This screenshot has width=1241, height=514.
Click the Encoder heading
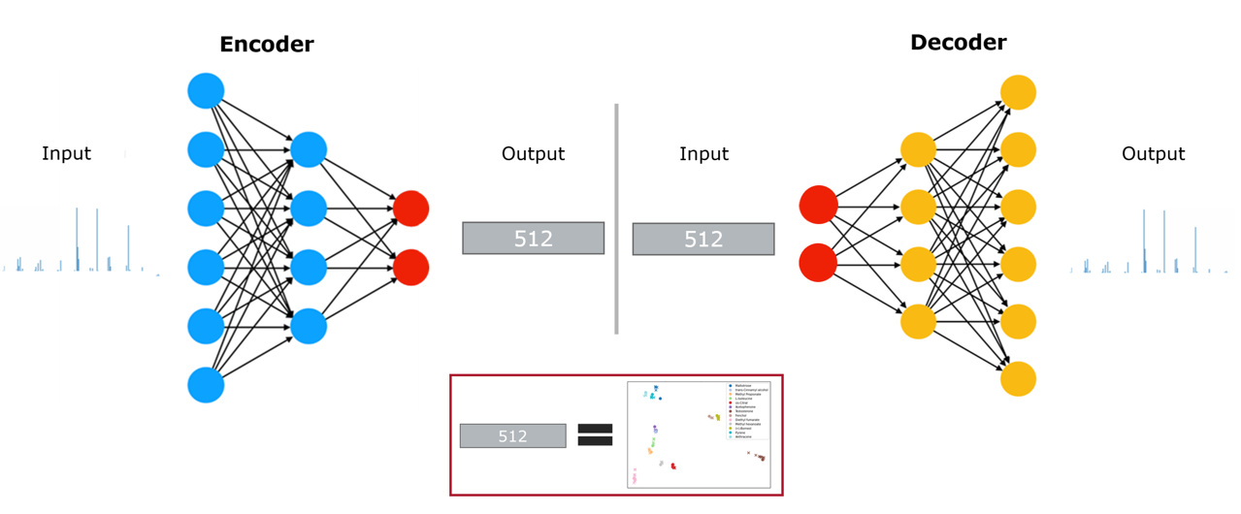(267, 45)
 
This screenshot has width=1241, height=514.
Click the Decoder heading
(958, 43)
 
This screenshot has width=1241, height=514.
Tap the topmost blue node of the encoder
(206, 91)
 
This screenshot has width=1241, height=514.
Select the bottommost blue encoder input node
(206, 385)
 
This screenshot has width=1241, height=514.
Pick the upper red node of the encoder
(410, 209)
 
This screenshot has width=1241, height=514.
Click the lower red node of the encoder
(410, 267)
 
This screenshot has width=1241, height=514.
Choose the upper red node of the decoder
(817, 205)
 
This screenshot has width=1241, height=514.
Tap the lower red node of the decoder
(817, 263)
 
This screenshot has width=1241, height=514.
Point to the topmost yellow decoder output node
(1018, 93)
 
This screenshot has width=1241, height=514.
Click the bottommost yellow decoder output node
(1018, 378)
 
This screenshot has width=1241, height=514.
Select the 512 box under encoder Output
(533, 239)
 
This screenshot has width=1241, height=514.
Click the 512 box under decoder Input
(703, 239)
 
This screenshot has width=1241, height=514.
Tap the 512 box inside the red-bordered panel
(512, 436)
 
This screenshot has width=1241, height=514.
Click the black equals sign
(595, 435)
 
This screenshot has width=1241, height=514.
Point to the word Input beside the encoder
(66, 153)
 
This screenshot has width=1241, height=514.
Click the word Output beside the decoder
(1153, 153)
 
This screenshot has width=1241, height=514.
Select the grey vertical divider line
(616, 218)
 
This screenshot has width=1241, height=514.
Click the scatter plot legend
(748, 410)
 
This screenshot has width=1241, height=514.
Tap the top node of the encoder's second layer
(309, 149)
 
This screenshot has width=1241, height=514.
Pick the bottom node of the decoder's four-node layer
(918, 320)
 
